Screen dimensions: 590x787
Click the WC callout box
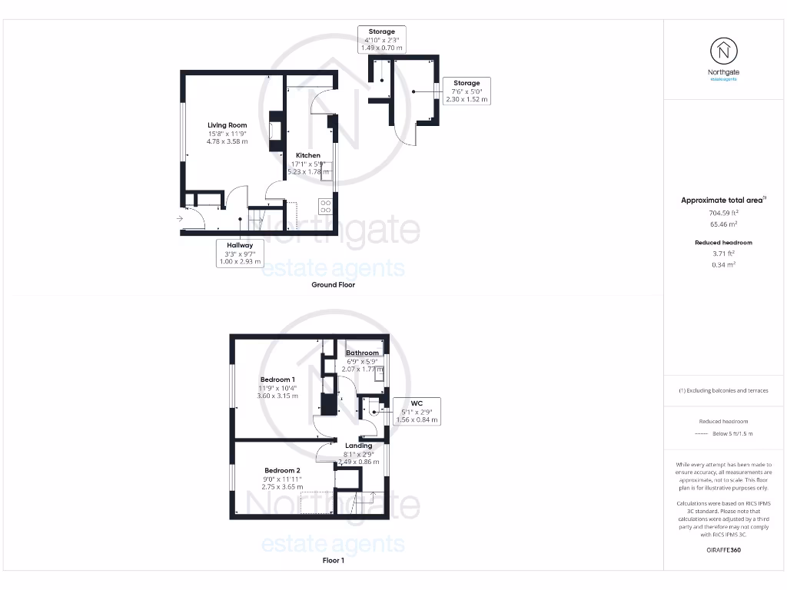[x=417, y=411]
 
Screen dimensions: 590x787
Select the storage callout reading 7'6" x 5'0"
[x=466, y=91]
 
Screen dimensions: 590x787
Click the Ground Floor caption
[x=333, y=284]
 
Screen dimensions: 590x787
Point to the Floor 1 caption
[x=333, y=561]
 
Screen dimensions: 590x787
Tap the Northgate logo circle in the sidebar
[x=722, y=51]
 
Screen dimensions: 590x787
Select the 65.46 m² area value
[x=723, y=224]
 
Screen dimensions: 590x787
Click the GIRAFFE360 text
[x=723, y=550]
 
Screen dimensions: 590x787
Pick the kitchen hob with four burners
[x=325, y=205]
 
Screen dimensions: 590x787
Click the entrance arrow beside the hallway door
[x=179, y=219]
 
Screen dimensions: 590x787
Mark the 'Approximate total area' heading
[x=723, y=200]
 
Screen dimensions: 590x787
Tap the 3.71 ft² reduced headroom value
[x=723, y=253]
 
